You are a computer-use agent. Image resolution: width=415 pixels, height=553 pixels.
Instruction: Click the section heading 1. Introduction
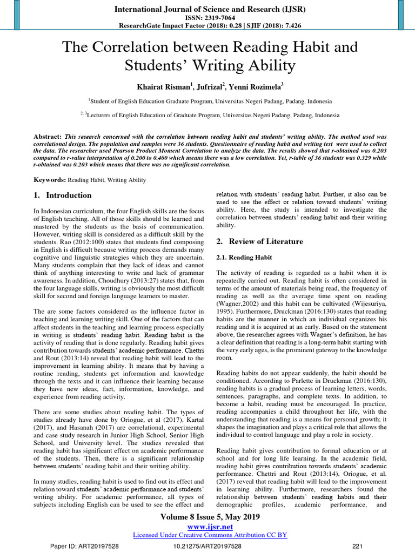[62, 195]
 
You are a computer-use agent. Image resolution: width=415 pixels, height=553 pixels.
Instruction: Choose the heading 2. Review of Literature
[259, 241]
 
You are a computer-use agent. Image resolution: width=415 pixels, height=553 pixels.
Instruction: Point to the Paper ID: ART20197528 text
[84, 546]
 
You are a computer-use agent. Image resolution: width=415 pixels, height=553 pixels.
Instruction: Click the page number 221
[357, 546]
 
